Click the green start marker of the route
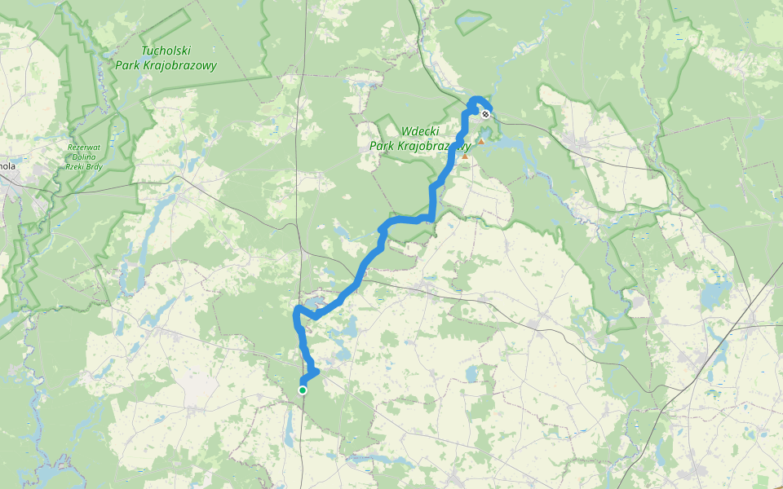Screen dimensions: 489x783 pos(303,390)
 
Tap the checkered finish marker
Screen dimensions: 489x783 pos(485,114)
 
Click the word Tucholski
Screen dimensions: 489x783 pos(166,51)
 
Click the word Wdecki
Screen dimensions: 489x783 pos(421,131)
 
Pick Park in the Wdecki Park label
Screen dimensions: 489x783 pos(383,146)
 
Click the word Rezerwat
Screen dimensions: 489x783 pos(82,148)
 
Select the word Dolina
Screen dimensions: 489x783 pos(82,156)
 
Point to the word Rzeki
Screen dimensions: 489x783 pos(74,166)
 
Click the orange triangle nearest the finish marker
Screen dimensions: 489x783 pos(481,142)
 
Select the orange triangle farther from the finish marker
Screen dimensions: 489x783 pos(465,156)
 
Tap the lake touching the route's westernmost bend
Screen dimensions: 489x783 pos(315,306)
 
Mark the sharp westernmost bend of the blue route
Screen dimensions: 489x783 pos(296,312)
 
